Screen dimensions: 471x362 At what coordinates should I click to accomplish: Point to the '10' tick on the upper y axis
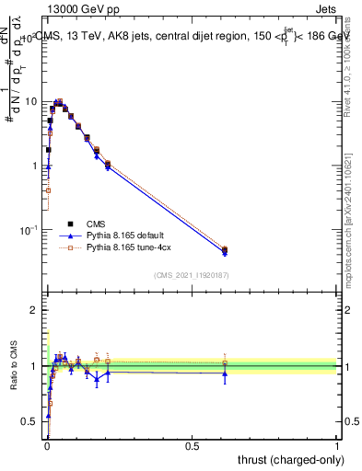click(x=32, y=101)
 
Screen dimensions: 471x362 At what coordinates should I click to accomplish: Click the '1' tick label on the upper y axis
click(x=35, y=166)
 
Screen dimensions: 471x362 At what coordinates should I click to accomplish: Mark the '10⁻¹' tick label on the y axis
click(x=29, y=229)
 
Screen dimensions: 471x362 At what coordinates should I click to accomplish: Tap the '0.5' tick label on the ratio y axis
click(x=30, y=422)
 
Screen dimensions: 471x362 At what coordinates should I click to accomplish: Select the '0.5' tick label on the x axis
click(x=192, y=446)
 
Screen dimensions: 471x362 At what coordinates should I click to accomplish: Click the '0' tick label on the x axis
click(x=46, y=446)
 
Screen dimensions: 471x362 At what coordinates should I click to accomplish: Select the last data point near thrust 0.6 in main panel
click(x=225, y=249)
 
